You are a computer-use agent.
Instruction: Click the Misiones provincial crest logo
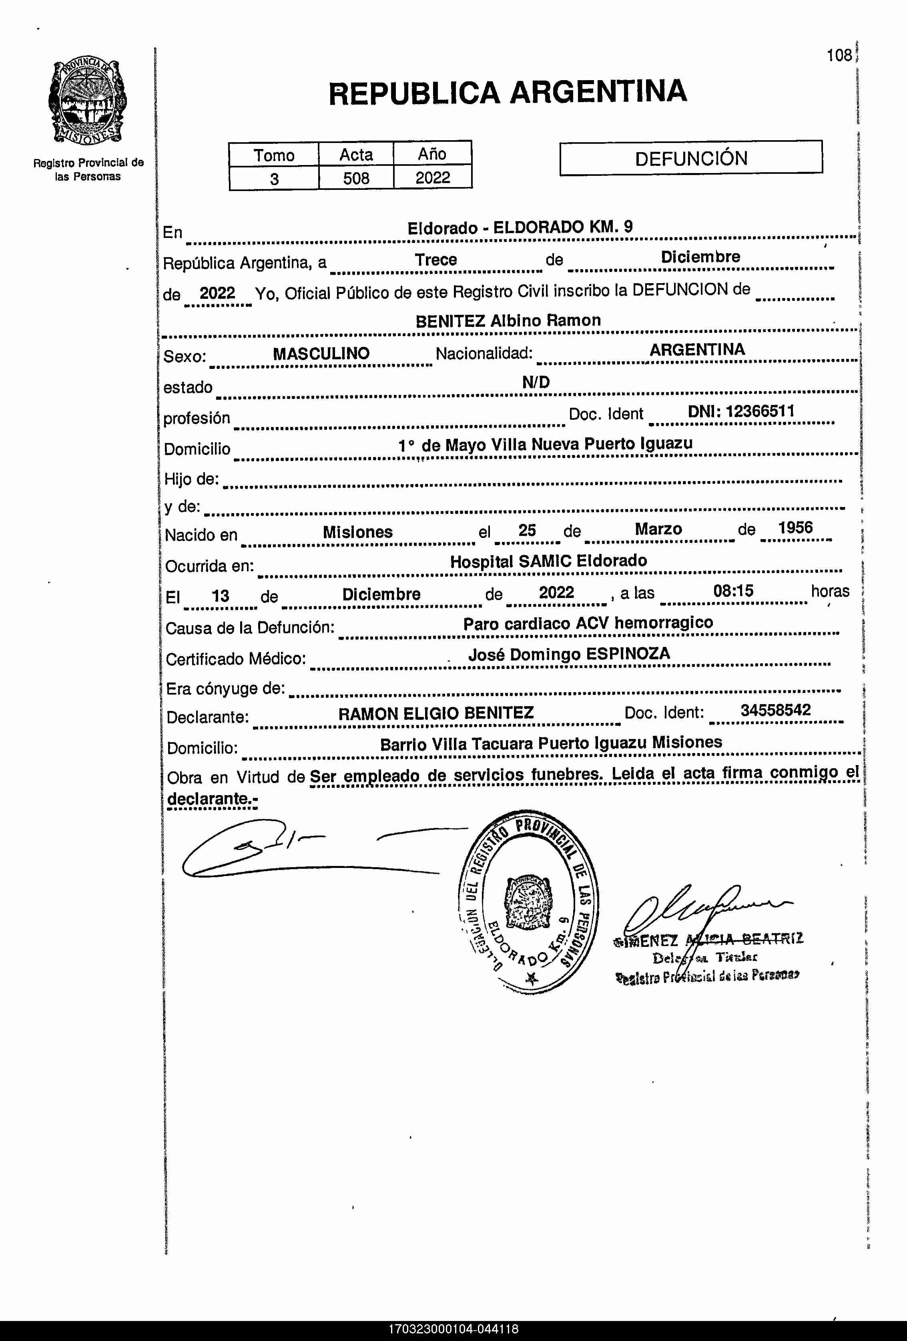coord(88,102)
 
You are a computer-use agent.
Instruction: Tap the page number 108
coord(839,55)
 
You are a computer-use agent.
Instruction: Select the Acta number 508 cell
coord(356,178)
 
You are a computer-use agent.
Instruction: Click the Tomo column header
coord(274,155)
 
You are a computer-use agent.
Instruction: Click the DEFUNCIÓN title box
coord(691,157)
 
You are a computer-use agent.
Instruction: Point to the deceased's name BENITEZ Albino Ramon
coord(508,321)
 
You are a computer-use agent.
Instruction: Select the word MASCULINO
coord(321,354)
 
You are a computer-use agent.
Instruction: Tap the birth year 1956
coord(795,528)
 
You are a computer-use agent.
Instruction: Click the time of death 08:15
coord(733,590)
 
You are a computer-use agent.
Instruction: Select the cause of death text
coord(588,623)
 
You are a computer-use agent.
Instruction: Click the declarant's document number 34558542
coord(776,710)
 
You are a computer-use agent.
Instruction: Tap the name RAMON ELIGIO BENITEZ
coord(436,714)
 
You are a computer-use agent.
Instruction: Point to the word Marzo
coord(658,529)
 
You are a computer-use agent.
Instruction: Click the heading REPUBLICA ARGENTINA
coord(508,92)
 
